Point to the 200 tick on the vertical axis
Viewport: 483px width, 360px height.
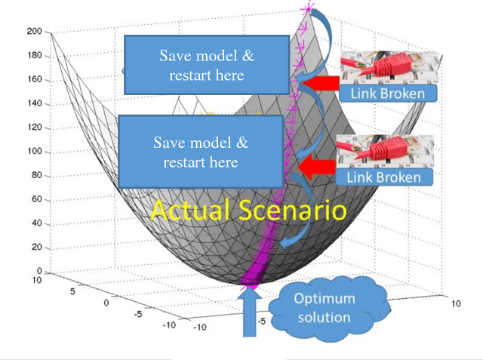point(32,32)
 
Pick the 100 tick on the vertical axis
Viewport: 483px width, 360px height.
point(32,151)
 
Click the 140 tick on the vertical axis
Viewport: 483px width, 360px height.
point(32,103)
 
